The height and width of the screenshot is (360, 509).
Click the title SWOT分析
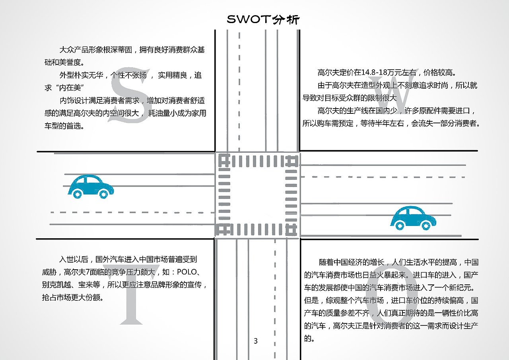(x=263, y=19)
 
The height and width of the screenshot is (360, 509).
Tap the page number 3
(x=256, y=341)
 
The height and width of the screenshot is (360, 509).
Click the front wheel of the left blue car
(x=103, y=194)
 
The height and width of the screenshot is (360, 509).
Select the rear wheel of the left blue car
(x=77, y=194)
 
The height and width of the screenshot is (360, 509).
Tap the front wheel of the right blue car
(x=425, y=226)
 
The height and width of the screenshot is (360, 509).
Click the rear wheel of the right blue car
(x=400, y=226)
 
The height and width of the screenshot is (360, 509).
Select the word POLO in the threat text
(x=187, y=272)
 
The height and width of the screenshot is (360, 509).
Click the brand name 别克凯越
(x=56, y=285)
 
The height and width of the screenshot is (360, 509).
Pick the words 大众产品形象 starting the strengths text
(x=81, y=50)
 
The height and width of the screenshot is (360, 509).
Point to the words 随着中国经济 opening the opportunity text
(x=341, y=263)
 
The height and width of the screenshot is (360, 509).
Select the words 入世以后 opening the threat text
(x=74, y=259)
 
